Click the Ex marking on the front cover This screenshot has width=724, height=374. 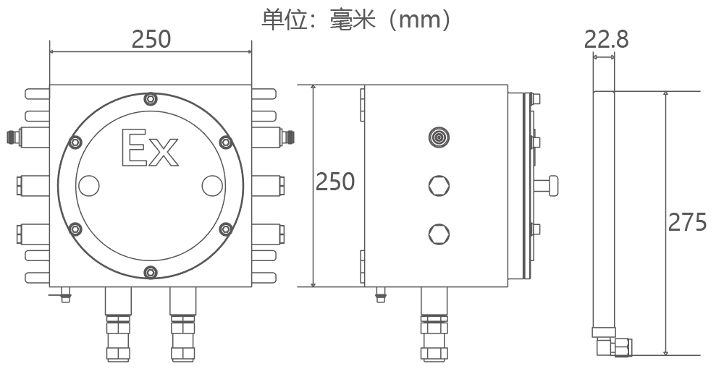pos(151,148)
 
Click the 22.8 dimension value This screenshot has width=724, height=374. pos(606,38)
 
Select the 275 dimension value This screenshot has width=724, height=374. pos(686,222)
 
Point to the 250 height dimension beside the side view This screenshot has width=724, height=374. pos(334,182)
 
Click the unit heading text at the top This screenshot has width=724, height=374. pos(357,19)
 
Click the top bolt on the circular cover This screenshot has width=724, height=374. pos(150,99)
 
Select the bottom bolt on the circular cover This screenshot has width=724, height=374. pos(150,272)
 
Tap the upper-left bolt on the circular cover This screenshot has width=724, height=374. pos(75,143)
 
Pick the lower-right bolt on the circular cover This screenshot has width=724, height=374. pos(225,229)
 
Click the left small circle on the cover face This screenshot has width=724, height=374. pos(88,186)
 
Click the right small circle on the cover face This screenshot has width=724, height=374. pos(211,186)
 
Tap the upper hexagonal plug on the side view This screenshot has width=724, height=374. pos(438,185)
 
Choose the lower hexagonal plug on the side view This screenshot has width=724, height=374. pos(438,234)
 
